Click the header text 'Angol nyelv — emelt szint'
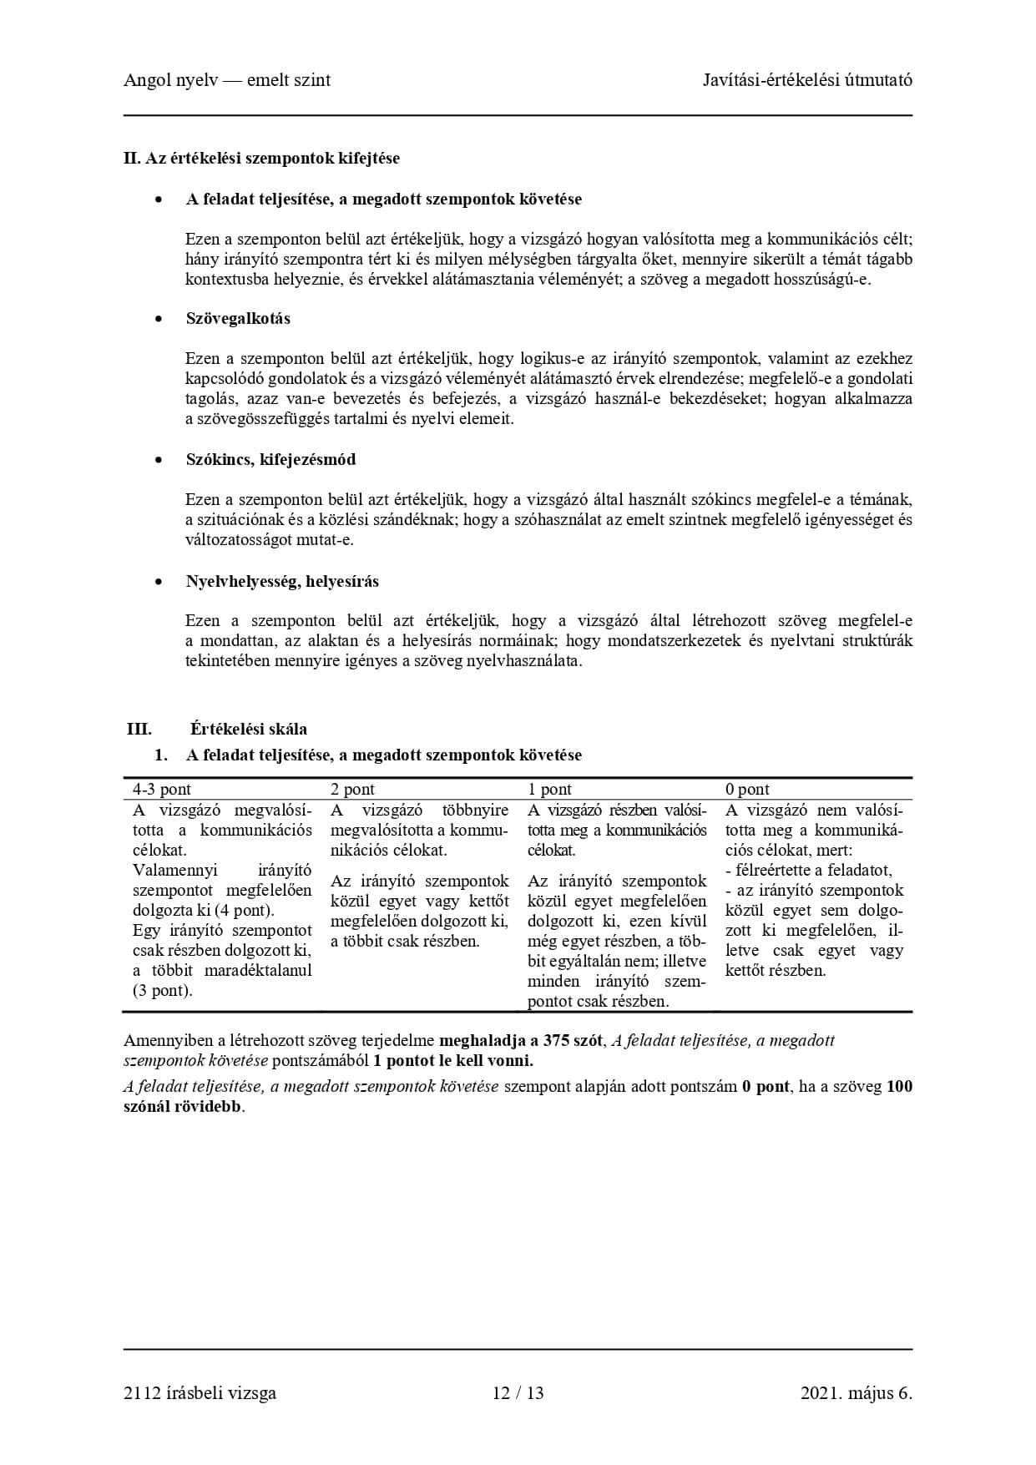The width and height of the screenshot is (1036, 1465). [x=227, y=80]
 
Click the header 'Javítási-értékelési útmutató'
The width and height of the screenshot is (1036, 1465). [x=806, y=80]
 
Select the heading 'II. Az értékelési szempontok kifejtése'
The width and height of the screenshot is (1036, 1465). [x=261, y=158]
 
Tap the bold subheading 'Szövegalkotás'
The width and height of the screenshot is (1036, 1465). [x=238, y=319]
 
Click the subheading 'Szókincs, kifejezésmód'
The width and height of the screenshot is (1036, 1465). [x=270, y=460]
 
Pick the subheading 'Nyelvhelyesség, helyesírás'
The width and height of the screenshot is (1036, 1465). [x=282, y=582]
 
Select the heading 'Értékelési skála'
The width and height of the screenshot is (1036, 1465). [x=248, y=729]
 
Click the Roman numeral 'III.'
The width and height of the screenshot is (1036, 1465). [x=139, y=729]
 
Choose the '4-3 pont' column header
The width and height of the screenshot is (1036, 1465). [x=162, y=789]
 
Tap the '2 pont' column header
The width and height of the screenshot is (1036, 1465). [x=352, y=789]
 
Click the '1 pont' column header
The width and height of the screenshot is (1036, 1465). [x=549, y=789]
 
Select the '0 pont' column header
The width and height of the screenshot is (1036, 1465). [x=747, y=789]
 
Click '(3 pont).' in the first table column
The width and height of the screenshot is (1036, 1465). [x=163, y=991]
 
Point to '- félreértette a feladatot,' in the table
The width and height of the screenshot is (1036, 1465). [x=808, y=871]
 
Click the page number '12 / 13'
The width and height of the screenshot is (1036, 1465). [x=518, y=1393]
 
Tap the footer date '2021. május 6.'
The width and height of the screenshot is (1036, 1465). [x=856, y=1393]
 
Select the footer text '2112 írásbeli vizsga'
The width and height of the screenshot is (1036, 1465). [x=200, y=1393]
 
